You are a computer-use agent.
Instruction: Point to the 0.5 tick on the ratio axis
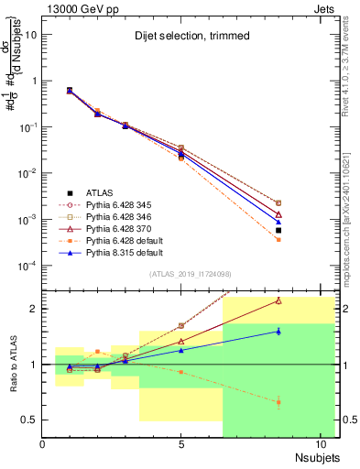click(x=30, y=420)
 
